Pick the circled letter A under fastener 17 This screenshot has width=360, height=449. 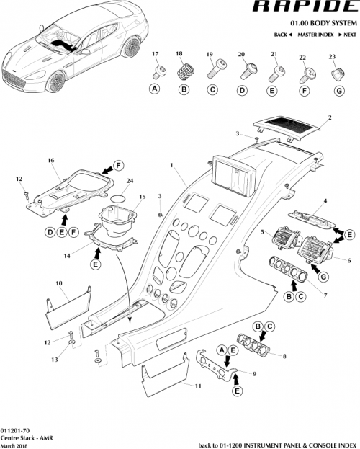pyautogui.click(x=154, y=90)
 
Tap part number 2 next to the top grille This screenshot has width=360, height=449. pyautogui.click(x=330, y=117)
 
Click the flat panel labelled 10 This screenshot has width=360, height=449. pyautogui.click(x=66, y=298)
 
